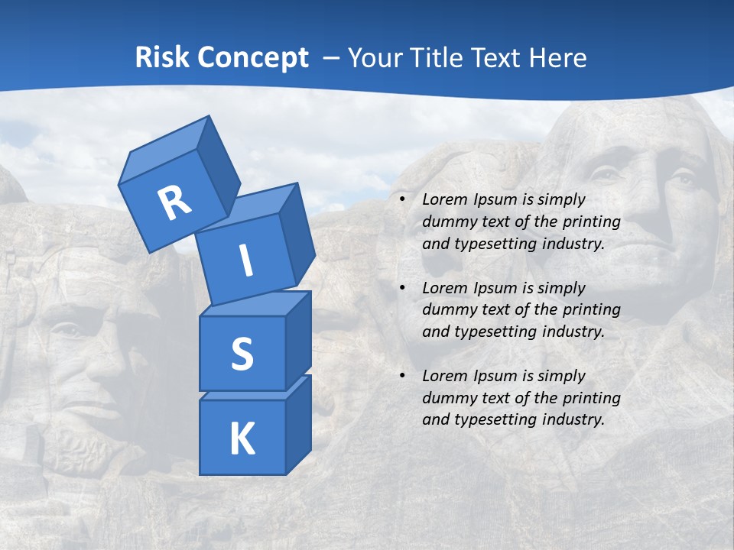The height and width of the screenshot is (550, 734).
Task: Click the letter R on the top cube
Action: pyautogui.click(x=174, y=203)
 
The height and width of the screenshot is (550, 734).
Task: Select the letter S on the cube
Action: pyautogui.click(x=242, y=354)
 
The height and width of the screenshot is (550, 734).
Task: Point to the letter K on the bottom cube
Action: pyautogui.click(x=242, y=439)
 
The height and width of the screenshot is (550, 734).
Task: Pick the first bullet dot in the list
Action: pyautogui.click(x=402, y=199)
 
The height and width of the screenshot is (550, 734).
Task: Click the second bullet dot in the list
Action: pyautogui.click(x=402, y=288)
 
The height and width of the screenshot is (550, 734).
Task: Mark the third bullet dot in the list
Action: pyautogui.click(x=402, y=376)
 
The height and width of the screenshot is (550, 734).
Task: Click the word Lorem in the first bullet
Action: pyautogui.click(x=442, y=199)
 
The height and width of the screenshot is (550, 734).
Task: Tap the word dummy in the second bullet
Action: pyautogui.click(x=447, y=309)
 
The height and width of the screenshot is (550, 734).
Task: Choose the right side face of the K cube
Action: pyautogui.click(x=298, y=424)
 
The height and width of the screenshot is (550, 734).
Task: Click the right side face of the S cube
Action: pyautogui.click(x=298, y=340)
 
